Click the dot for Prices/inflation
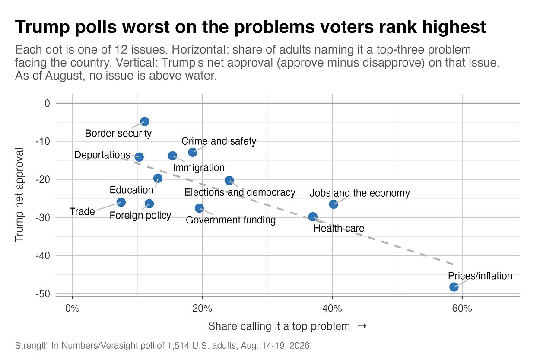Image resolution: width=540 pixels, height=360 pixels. pyautogui.click(x=454, y=287)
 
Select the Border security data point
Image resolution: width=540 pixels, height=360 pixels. pyautogui.click(x=144, y=121)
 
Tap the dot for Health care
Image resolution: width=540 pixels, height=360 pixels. pyautogui.click(x=313, y=217)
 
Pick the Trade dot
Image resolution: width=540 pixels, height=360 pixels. pyautogui.click(x=121, y=202)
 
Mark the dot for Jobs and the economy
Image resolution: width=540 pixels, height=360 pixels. pyautogui.click(x=334, y=204)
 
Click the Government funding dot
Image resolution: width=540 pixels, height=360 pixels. pyautogui.click(x=199, y=208)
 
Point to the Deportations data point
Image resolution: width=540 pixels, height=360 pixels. pyautogui.click(x=139, y=157)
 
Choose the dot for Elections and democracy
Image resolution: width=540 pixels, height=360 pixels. pyautogui.click(x=229, y=180)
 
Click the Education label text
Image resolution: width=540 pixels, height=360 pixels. pyautogui.click(x=131, y=190)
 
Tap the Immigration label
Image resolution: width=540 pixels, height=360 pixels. pyautogui.click(x=199, y=168)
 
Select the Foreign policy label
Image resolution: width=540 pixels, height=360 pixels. pyautogui.click(x=140, y=215)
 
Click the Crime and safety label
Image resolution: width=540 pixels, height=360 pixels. pyautogui.click(x=219, y=141)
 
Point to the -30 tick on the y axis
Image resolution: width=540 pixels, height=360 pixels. pyautogui.click(x=43, y=217)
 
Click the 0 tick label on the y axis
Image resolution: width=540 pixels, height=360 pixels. pyautogui.click(x=47, y=103)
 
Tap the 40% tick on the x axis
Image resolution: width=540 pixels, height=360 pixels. pyautogui.click(x=332, y=309)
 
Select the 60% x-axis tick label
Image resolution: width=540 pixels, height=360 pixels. pyautogui.click(x=462, y=309)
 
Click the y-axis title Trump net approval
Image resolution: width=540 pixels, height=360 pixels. pyautogui.click(x=19, y=195)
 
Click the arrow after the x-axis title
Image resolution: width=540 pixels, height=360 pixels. pyautogui.click(x=362, y=326)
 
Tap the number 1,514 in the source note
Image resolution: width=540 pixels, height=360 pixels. pyautogui.click(x=178, y=346)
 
